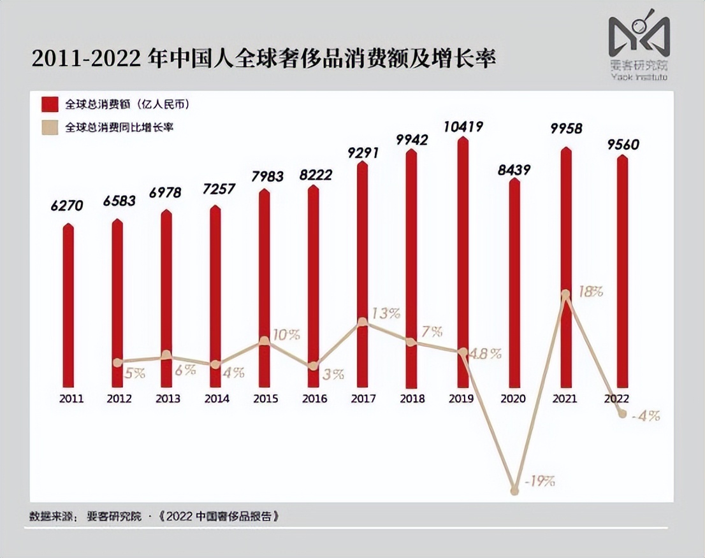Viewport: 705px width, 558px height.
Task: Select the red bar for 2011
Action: [69, 306]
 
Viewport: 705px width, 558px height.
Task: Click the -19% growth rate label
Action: [539, 481]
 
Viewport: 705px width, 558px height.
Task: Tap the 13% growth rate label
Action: [386, 313]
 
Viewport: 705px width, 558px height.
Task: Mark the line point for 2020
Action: [514, 490]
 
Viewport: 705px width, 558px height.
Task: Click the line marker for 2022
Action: [622, 414]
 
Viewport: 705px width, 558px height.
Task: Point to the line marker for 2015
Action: [265, 341]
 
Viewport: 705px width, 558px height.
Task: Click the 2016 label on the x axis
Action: [314, 399]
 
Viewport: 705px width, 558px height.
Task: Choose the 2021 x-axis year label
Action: [565, 399]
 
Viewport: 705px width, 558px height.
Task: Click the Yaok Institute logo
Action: [639, 45]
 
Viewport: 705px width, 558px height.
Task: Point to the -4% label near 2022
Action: [645, 416]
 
